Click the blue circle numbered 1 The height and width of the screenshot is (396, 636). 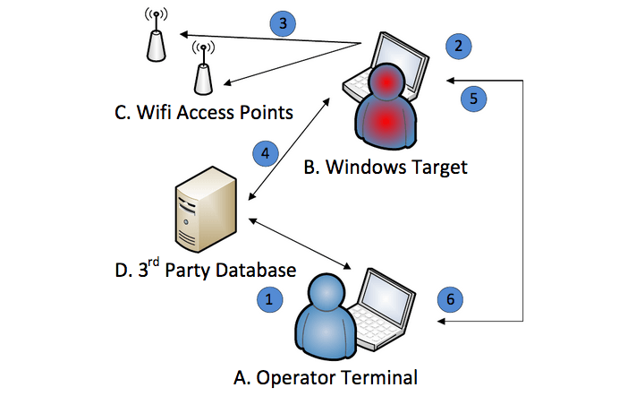tap(270, 299)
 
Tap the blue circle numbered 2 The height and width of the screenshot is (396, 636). tap(458, 46)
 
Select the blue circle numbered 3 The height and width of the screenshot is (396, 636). tap(283, 23)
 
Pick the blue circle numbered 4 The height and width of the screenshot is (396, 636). tap(266, 153)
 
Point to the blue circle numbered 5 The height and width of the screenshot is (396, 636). tap(473, 99)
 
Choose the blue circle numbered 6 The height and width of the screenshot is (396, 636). tap(450, 299)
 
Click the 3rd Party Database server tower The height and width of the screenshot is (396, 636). tap(206, 209)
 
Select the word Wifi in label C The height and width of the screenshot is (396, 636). tap(154, 112)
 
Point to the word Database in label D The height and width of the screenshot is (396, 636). tap(256, 270)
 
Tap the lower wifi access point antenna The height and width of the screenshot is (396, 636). tap(203, 68)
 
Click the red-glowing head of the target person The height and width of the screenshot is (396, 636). tap(386, 82)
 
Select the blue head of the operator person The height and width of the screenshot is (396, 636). tap(326, 293)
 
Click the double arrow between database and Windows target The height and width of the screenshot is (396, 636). tap(289, 149)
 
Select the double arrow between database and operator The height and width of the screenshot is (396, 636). tap(300, 244)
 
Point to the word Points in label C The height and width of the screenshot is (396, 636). tap(266, 112)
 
